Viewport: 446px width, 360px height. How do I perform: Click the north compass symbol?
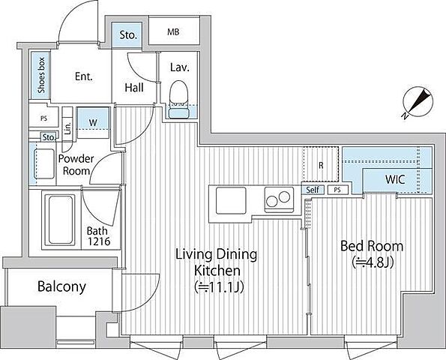click(418, 102)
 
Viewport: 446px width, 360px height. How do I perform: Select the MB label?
click(173, 31)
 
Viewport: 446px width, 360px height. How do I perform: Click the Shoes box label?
click(41, 75)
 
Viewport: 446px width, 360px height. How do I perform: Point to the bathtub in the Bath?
click(60, 220)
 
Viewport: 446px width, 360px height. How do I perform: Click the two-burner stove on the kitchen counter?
click(279, 199)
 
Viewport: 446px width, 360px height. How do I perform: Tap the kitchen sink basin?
click(231, 200)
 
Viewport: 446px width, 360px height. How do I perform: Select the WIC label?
click(395, 179)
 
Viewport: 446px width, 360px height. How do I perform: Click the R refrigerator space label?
click(321, 165)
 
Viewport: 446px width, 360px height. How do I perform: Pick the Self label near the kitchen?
click(313, 190)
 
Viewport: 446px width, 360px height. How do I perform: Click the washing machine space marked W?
click(93, 123)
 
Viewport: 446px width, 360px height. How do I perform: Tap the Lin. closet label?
click(67, 128)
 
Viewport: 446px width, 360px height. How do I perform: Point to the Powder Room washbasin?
click(44, 163)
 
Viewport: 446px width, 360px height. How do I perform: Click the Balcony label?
click(61, 286)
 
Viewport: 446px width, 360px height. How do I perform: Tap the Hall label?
click(134, 88)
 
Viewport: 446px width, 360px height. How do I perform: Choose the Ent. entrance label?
click(84, 76)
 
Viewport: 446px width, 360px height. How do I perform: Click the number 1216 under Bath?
click(99, 241)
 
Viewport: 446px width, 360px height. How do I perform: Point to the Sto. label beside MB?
click(128, 35)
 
